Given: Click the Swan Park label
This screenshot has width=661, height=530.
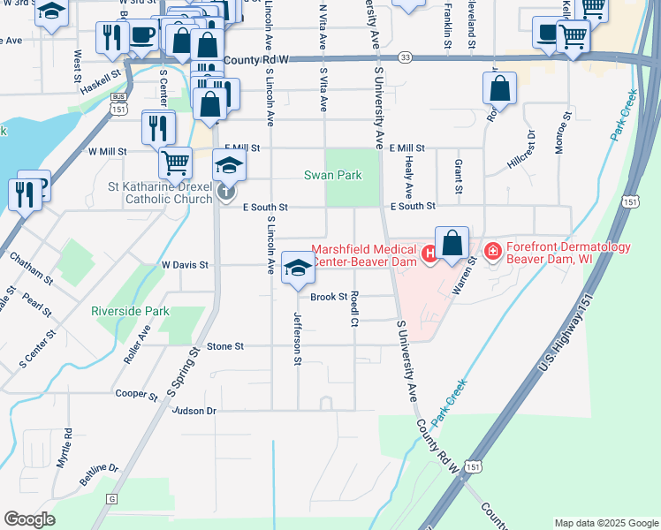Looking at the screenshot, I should [333, 176].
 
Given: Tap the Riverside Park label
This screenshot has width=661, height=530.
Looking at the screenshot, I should [130, 311].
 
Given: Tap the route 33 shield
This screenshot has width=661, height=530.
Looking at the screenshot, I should [405, 57].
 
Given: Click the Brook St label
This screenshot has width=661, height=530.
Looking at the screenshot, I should [328, 297].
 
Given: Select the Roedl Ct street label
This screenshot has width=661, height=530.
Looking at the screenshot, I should [353, 309].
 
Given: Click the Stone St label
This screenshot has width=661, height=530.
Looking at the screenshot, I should [224, 347].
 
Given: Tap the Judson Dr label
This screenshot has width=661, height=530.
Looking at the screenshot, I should [194, 411].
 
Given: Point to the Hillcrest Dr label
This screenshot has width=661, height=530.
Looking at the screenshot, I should [521, 150].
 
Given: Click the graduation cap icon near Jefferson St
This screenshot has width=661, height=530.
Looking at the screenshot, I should [298, 268].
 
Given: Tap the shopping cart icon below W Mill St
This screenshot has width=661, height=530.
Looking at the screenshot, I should [175, 162].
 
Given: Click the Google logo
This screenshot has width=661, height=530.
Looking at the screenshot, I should [29, 519].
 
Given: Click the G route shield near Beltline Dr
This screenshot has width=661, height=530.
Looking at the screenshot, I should [111, 499].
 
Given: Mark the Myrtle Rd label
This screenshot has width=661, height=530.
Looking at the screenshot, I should [64, 450].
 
